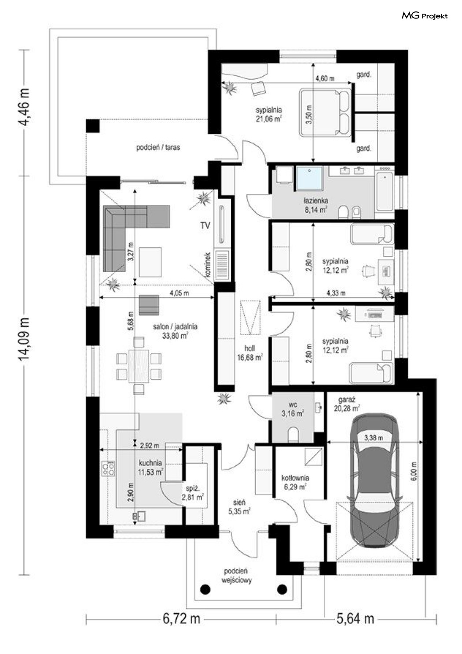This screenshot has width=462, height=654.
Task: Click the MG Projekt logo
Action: click(x=424, y=16)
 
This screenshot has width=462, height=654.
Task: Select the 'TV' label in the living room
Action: click(x=205, y=225)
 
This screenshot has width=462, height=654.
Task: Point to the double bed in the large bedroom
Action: click(x=325, y=112)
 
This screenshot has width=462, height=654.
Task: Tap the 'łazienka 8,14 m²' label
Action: click(x=316, y=205)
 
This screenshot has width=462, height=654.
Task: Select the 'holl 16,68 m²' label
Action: click(x=250, y=353)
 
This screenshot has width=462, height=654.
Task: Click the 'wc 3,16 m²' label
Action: click(x=293, y=409)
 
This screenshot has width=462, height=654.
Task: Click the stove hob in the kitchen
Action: click(x=108, y=469)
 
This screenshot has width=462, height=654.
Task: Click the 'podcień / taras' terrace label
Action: click(x=158, y=148)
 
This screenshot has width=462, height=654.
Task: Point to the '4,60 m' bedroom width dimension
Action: click(x=325, y=78)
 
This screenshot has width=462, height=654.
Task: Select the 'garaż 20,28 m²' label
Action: click(x=347, y=404)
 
